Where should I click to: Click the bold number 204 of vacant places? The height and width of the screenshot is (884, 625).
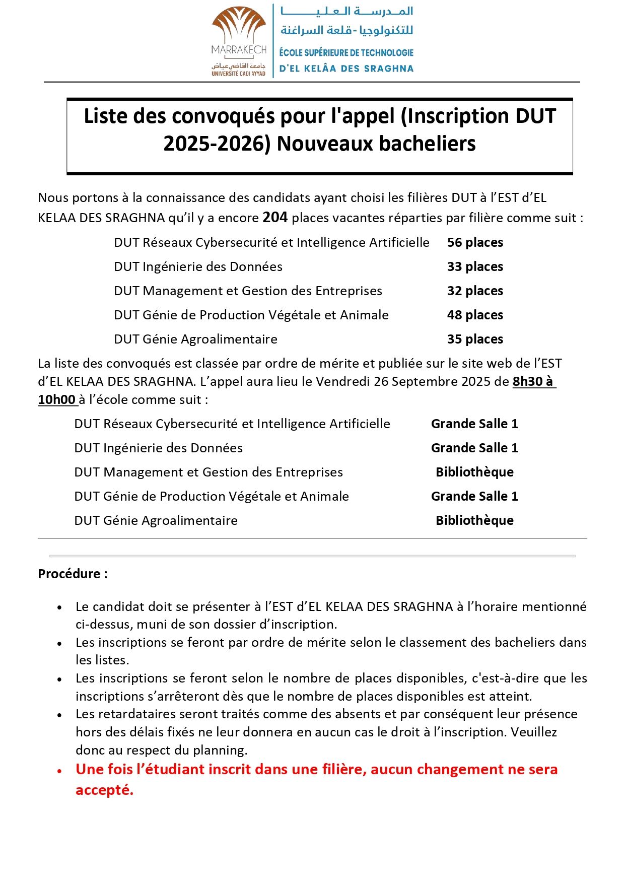[275, 217]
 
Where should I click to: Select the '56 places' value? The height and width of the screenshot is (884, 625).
[475, 242]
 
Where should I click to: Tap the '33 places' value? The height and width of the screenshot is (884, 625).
[475, 266]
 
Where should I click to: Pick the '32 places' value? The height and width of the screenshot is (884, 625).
[475, 291]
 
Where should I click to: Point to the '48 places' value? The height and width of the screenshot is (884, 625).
[475, 315]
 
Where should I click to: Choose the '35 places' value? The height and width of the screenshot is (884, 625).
[475, 339]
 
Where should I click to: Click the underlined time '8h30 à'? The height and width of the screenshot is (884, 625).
[533, 381]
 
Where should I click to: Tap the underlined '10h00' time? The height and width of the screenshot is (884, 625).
[56, 399]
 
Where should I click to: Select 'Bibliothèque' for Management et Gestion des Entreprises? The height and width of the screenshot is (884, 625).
[474, 472]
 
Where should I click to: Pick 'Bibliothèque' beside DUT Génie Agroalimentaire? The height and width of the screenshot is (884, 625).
[474, 520]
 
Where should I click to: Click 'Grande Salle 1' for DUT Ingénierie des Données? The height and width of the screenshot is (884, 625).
[474, 448]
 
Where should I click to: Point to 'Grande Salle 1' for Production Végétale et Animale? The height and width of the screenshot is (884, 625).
[474, 496]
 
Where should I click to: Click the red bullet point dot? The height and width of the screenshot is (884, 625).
[59, 771]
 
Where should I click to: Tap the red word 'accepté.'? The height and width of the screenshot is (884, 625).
[104, 790]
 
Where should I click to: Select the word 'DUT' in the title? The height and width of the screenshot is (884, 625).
[536, 116]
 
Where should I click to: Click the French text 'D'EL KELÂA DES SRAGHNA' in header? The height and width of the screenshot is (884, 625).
[346, 69]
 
